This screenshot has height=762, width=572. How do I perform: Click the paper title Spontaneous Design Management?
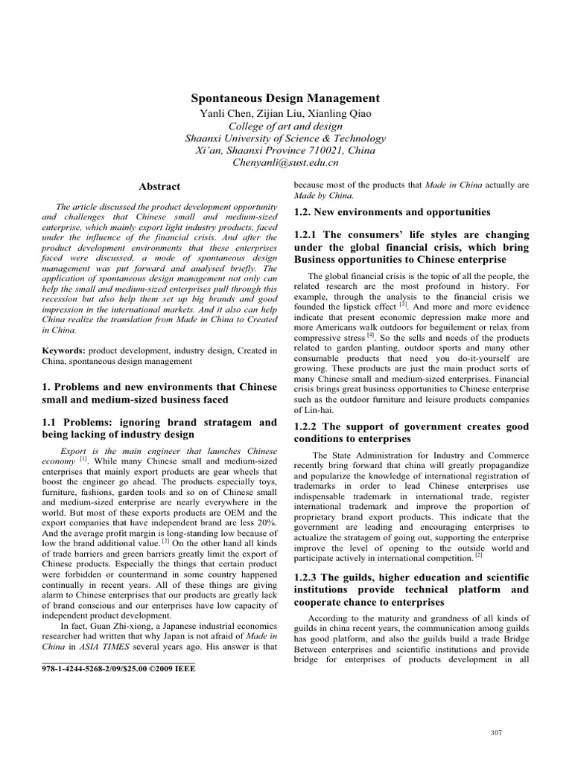click(285, 98)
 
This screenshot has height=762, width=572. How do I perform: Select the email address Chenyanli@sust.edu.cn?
click(285, 161)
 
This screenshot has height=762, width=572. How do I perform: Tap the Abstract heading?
click(159, 186)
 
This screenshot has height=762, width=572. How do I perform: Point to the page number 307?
click(496, 733)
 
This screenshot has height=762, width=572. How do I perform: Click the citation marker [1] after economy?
click(83, 460)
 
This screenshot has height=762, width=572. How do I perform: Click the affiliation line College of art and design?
click(285, 126)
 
